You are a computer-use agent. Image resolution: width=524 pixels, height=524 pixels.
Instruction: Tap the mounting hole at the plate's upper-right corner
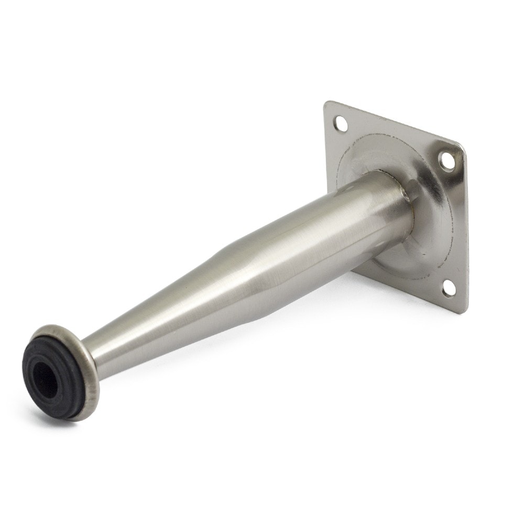click(446, 160)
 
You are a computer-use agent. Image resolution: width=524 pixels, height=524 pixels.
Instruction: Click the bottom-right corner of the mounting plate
click(463, 312)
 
